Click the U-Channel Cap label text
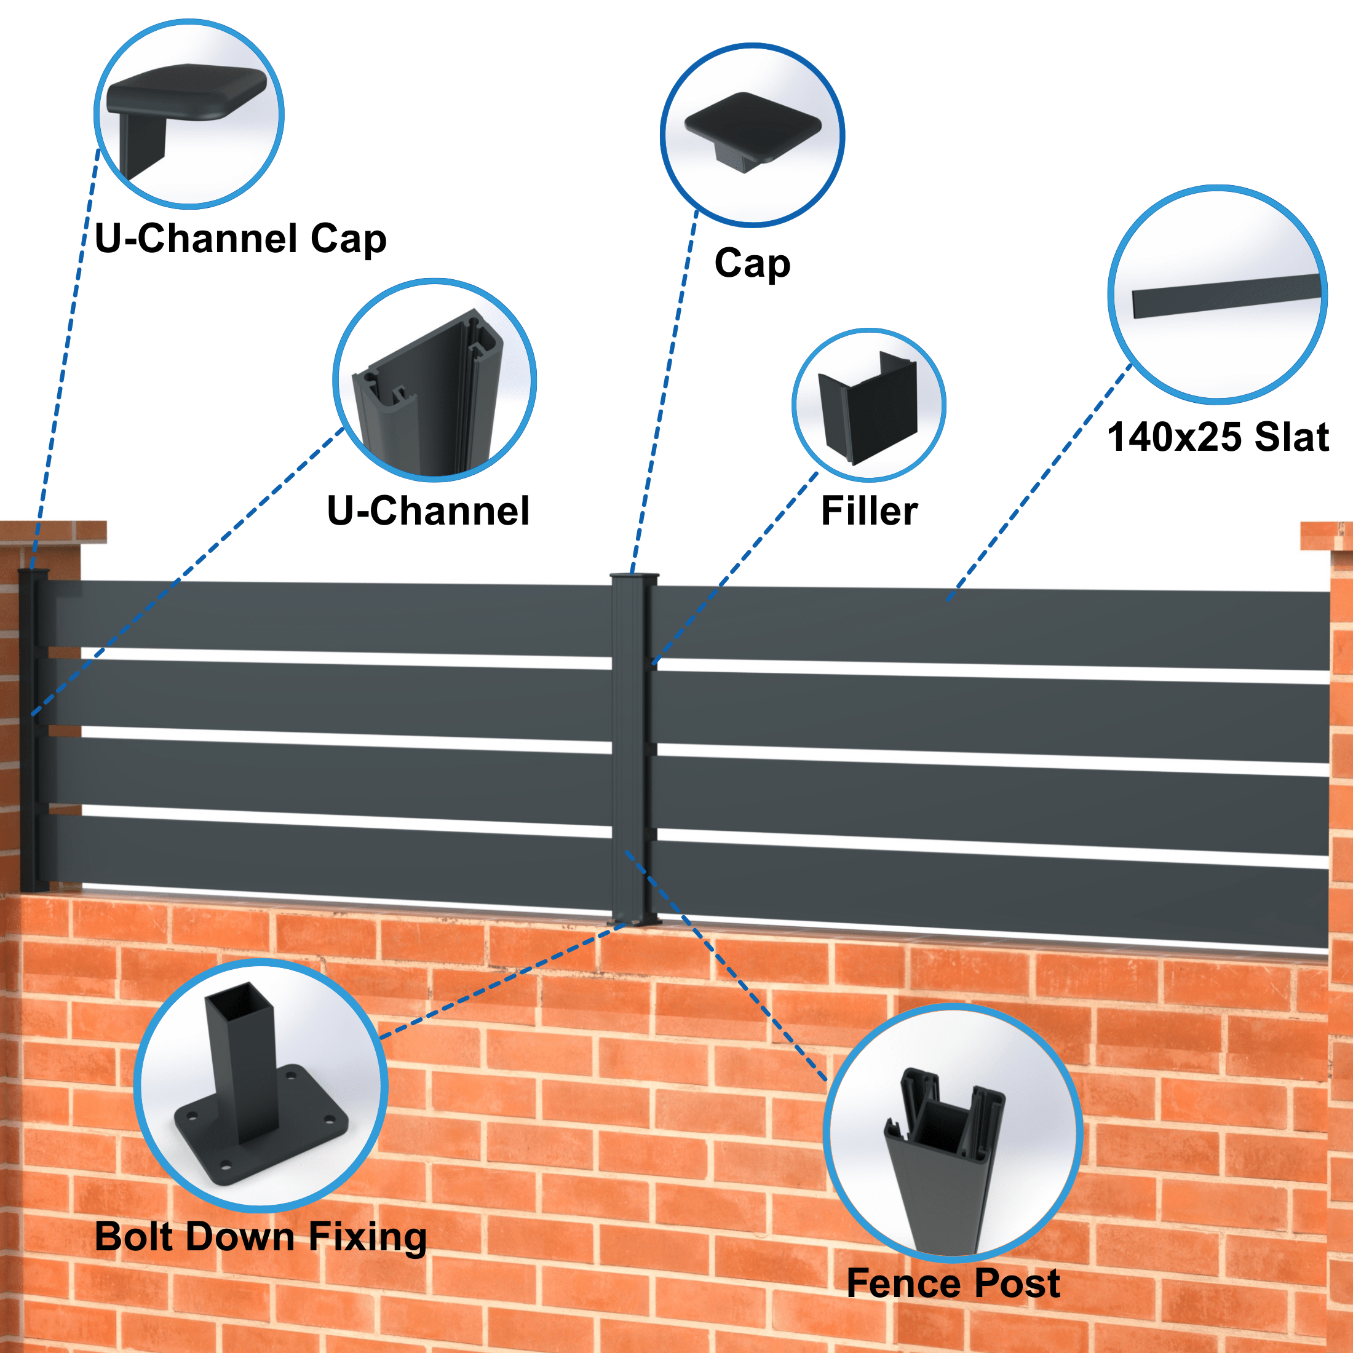[x=240, y=238]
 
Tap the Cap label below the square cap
[x=752, y=263]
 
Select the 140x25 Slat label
[x=1218, y=437]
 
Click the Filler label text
[x=869, y=510]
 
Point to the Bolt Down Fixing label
[x=261, y=1237]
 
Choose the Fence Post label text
[x=953, y=1284]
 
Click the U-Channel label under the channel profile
[x=428, y=510]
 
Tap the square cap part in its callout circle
[x=752, y=126]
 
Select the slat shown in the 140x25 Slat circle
[x=1226, y=296]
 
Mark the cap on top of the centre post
[x=635, y=577]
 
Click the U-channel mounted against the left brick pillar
[x=31, y=728]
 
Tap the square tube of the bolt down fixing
[x=242, y=1050]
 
